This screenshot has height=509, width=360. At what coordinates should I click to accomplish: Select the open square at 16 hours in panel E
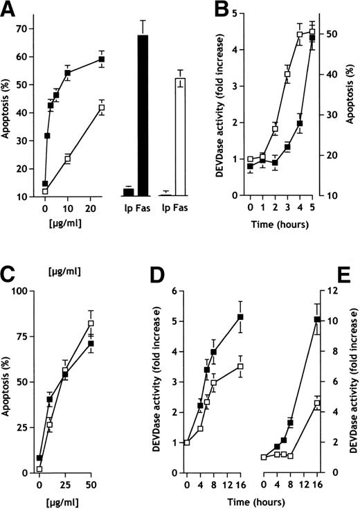click(x=317, y=403)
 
